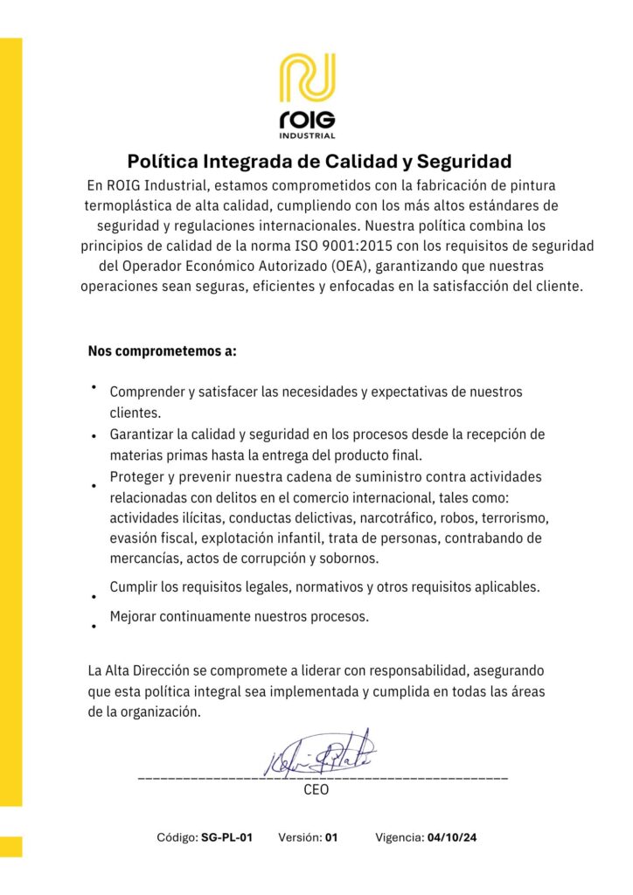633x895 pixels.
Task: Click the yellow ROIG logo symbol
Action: pyautogui.click(x=307, y=80)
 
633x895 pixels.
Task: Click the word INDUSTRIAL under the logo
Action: pyautogui.click(x=307, y=135)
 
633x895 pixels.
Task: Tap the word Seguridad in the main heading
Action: pyautogui.click(x=463, y=162)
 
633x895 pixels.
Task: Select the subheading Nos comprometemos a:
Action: pyautogui.click(x=163, y=351)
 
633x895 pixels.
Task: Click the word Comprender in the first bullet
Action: pyautogui.click(x=146, y=392)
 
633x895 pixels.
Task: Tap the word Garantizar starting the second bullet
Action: pyautogui.click(x=143, y=434)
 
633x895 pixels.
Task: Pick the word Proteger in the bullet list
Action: pyautogui.click(x=136, y=476)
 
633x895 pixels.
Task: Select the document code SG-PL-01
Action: pyautogui.click(x=226, y=837)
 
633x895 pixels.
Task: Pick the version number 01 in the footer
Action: pyautogui.click(x=331, y=837)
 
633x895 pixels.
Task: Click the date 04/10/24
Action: pyautogui.click(x=452, y=837)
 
